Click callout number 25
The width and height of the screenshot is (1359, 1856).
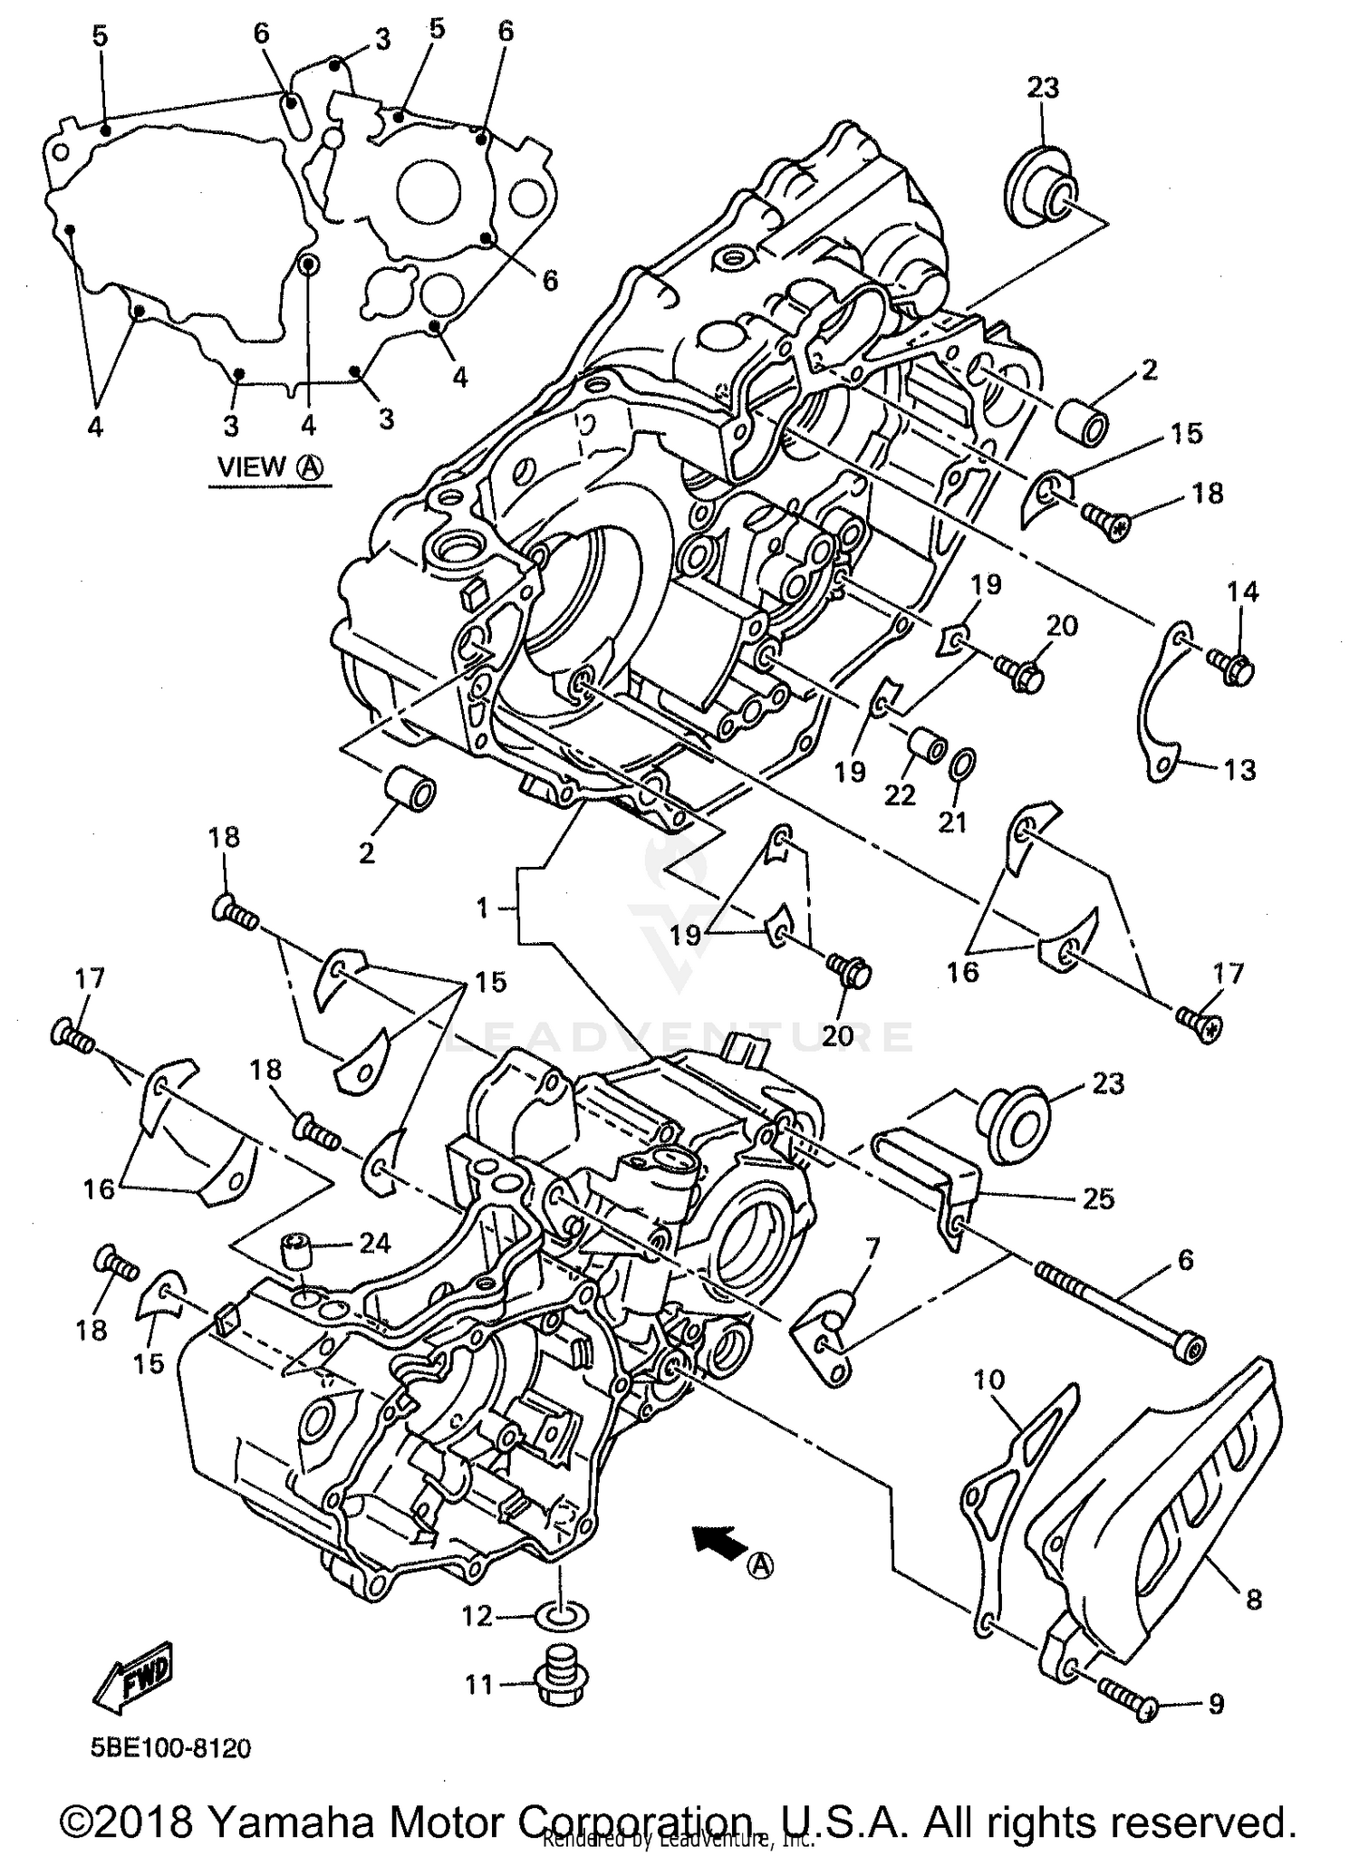coord(1098,1197)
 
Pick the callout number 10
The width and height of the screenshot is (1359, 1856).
coord(989,1380)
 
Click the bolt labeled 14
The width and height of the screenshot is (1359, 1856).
coord(1232,669)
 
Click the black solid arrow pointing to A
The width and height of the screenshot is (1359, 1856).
coord(715,1537)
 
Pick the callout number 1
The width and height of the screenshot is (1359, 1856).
coord(483,907)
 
